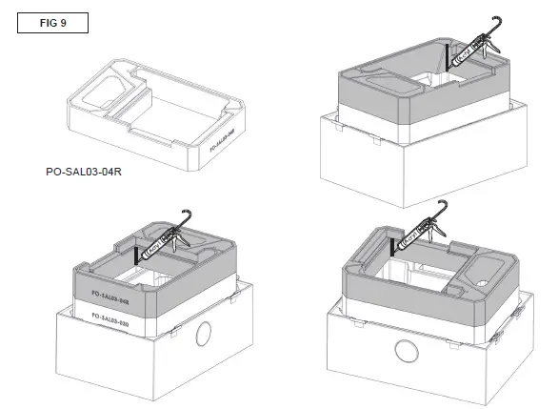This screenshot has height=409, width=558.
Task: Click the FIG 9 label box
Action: [52, 22]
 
